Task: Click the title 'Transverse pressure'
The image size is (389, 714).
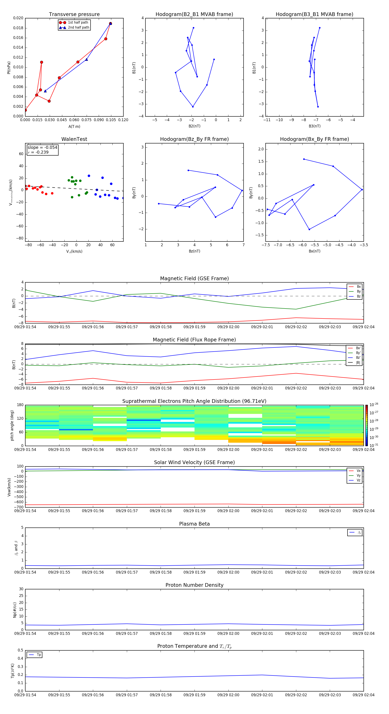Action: [74, 14]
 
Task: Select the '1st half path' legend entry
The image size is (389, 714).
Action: [78, 23]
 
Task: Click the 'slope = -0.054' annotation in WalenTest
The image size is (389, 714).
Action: [42, 148]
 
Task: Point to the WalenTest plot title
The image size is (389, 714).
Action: [74, 139]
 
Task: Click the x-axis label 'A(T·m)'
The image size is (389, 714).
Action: [74, 127]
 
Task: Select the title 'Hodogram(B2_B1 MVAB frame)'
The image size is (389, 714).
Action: [194, 14]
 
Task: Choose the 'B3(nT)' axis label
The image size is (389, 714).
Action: [314, 126]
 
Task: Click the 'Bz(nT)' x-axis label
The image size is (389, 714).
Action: [194, 251]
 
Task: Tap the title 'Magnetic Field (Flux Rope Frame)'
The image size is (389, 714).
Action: [194, 340]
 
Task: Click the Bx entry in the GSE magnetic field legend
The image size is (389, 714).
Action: [359, 287]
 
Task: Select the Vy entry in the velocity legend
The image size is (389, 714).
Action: [358, 476]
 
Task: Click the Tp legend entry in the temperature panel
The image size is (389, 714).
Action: [38, 655]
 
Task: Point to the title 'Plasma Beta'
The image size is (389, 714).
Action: [194, 524]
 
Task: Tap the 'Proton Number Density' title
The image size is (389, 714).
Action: [194, 585]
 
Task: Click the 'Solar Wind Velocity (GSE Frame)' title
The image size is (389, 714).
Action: [194, 462]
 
